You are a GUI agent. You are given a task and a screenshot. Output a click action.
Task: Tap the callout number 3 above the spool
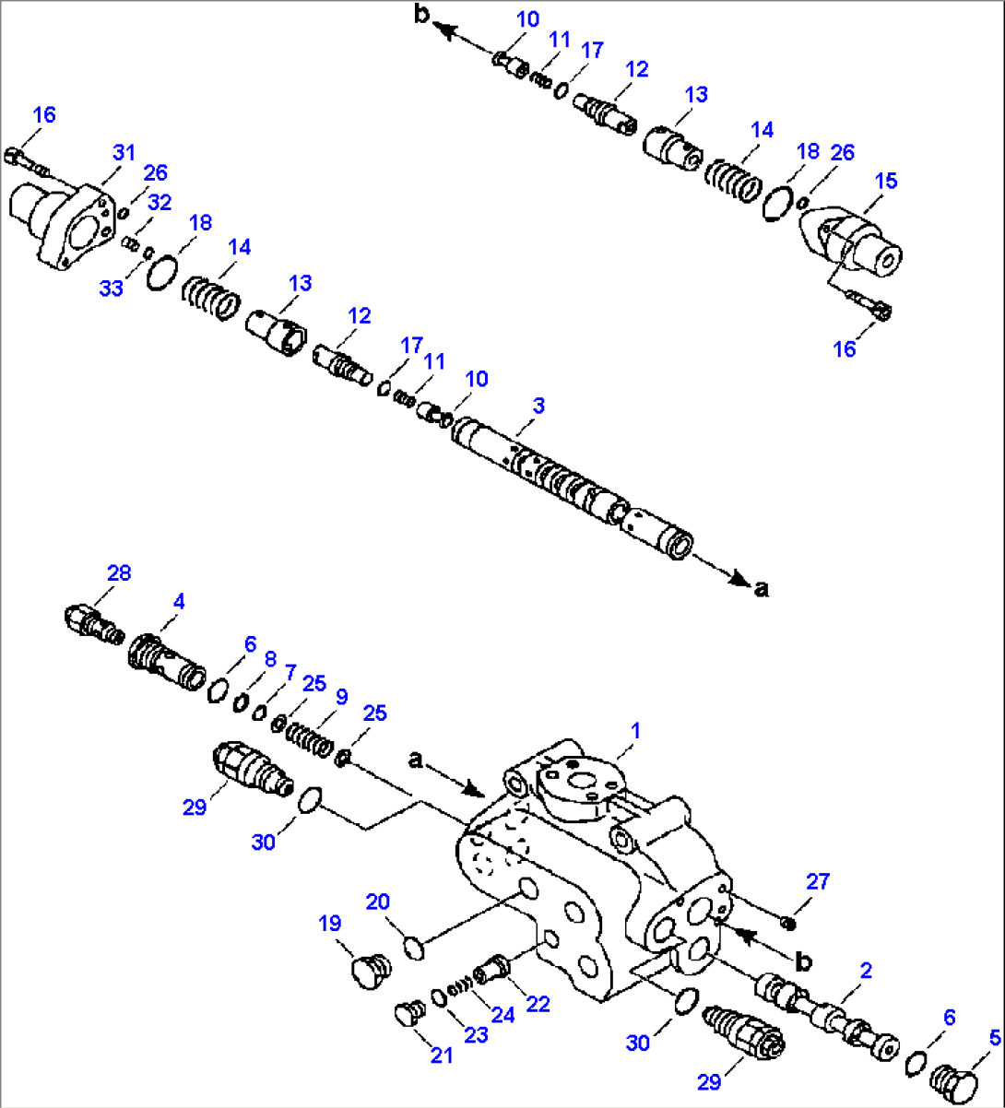(x=538, y=406)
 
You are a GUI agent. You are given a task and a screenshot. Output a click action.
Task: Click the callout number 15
(x=885, y=181)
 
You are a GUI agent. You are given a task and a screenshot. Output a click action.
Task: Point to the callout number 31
(x=124, y=152)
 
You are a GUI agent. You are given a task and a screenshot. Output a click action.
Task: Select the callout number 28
(x=118, y=572)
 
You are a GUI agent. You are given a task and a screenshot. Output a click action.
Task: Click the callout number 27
(x=818, y=882)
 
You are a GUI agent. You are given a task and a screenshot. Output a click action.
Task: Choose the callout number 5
(x=994, y=1038)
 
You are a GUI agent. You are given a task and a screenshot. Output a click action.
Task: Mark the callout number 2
(x=866, y=970)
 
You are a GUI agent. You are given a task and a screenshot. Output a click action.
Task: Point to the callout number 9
(x=341, y=696)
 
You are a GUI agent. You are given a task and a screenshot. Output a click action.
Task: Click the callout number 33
(x=111, y=289)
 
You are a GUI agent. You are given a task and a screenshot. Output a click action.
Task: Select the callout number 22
(x=537, y=1004)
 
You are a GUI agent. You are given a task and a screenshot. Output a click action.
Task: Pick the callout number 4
(x=179, y=601)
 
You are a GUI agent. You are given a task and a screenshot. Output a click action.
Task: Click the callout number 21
(x=442, y=1055)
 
